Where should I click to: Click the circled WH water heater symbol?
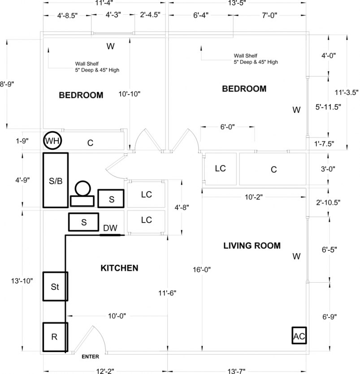52,142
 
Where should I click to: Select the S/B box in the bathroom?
55,181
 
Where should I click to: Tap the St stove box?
55,287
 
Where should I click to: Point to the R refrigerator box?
55,337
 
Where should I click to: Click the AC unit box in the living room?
299,335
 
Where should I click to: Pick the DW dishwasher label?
110,228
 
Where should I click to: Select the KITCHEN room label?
119,268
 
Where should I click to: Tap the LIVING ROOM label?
252,245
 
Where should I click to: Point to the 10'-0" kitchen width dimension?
117,316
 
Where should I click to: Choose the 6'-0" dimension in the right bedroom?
229,127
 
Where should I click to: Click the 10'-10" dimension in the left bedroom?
130,94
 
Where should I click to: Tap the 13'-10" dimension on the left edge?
22,281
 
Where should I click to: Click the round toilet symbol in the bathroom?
82,189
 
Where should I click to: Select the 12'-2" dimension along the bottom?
104,370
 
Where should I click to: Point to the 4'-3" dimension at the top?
113,15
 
